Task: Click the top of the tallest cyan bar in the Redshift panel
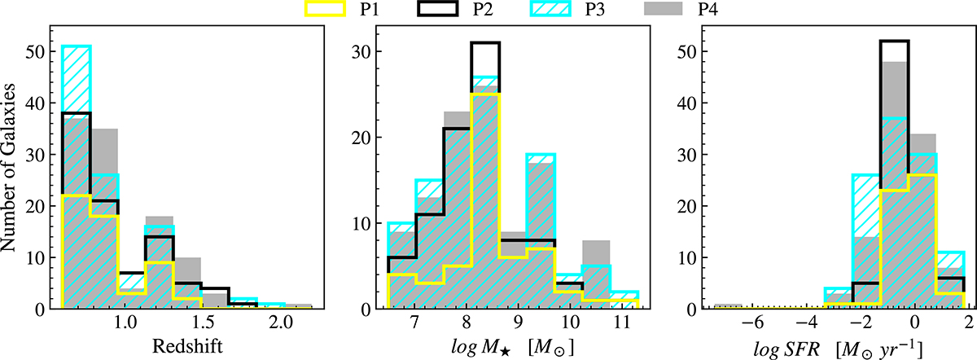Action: point(77,46)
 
